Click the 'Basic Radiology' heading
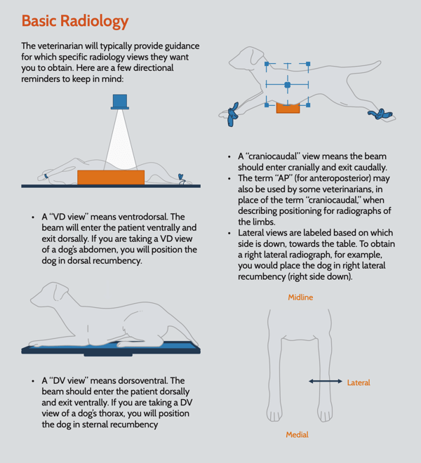pyautogui.click(x=75, y=21)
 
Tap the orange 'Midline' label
pyautogui.click(x=300, y=297)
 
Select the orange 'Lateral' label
pyautogui.click(x=359, y=383)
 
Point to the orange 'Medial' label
pyautogui.click(x=298, y=435)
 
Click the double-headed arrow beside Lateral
pyautogui.click(x=326, y=382)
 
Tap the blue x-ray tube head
pyautogui.click(x=120, y=102)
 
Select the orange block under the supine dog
pyautogui.click(x=111, y=177)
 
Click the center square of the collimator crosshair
pyautogui.click(x=287, y=85)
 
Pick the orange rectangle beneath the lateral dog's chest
pyautogui.click(x=288, y=108)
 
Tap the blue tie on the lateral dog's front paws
pyautogui.click(x=232, y=114)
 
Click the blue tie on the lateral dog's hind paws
pyautogui.click(x=380, y=114)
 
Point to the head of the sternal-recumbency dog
pyautogui.click(x=51, y=295)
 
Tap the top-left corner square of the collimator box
pyautogui.click(x=267, y=64)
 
